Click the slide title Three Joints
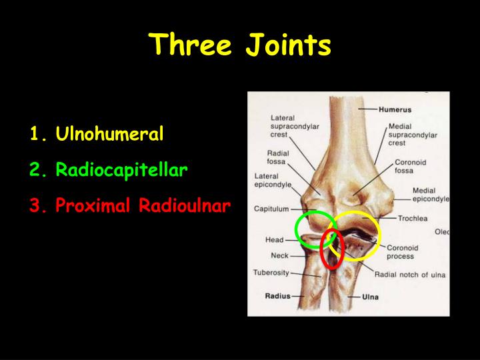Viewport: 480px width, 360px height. (240, 45)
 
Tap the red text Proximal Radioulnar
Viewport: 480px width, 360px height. (143, 206)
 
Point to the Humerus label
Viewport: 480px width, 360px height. (395, 110)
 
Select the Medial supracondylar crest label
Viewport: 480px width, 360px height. (411, 135)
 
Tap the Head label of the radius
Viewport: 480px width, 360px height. (275, 239)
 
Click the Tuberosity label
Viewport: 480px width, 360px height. (271, 272)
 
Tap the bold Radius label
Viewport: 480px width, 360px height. (277, 295)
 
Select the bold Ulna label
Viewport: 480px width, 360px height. (371, 297)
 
